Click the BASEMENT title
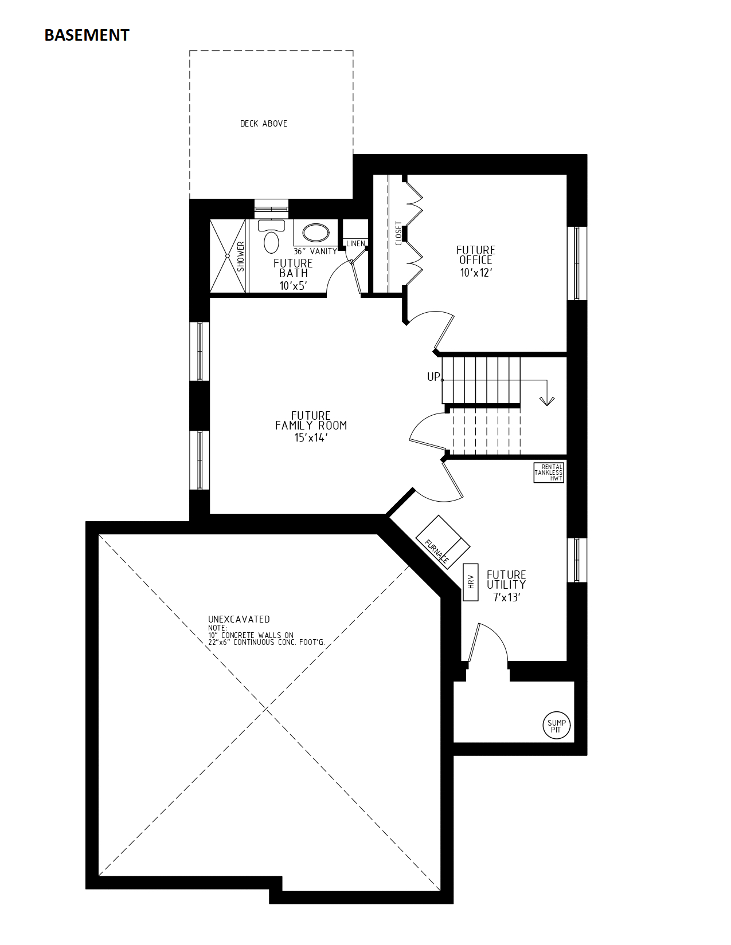(87, 36)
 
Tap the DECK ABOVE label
(263, 124)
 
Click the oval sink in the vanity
(316, 233)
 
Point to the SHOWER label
(241, 257)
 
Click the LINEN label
(355, 243)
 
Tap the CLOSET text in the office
(398, 234)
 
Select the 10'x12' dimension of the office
(476, 273)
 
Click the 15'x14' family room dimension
(311, 438)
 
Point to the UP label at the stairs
(433, 377)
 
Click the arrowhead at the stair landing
(547, 401)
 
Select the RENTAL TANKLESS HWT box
(549, 472)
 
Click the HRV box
(470, 582)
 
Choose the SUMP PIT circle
(556, 726)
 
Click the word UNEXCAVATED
(239, 619)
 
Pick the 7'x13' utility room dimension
(506, 597)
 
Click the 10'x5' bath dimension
(294, 286)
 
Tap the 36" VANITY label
(315, 251)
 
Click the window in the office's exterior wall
(577, 263)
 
